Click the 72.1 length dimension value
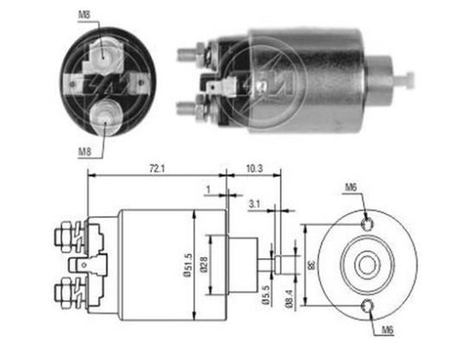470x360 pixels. (x=157, y=168)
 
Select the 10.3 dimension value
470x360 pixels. (x=255, y=168)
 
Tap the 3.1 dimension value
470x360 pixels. (x=254, y=205)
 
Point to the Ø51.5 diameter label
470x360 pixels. (x=187, y=265)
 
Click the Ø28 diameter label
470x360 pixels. (x=204, y=265)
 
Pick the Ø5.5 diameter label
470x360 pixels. (x=266, y=295)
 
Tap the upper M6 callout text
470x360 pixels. (x=351, y=188)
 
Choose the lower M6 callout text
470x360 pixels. (x=387, y=330)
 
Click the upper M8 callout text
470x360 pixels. (x=84, y=15)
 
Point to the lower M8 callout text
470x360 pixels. (x=85, y=152)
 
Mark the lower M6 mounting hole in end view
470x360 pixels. (x=367, y=306)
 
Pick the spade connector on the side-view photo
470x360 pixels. (x=221, y=87)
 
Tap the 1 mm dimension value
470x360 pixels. (x=208, y=189)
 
